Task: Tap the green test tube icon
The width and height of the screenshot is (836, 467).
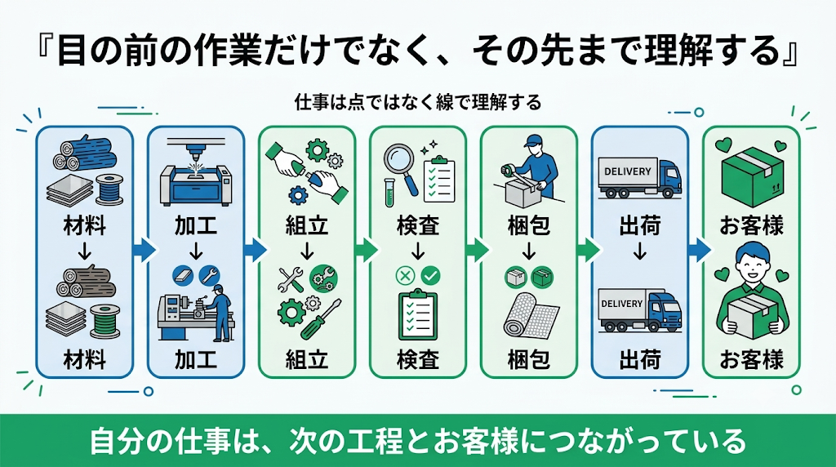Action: [390, 193]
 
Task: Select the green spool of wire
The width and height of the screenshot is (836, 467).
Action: [105, 322]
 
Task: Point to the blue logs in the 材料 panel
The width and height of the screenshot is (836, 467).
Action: [84, 151]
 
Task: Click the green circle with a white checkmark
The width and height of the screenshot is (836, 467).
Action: [431, 276]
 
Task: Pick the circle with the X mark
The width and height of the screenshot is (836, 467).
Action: [405, 276]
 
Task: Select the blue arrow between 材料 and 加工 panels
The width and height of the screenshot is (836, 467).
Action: [144, 250]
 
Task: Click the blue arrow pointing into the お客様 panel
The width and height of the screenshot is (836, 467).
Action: [699, 250]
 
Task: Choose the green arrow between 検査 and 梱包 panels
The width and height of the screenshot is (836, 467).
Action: [477, 250]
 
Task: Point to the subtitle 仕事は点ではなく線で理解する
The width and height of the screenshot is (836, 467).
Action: [418, 102]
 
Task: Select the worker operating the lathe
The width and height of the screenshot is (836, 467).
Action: [220, 313]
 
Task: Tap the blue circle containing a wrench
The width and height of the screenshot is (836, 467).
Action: [209, 275]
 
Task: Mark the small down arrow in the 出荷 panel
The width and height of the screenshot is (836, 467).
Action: [640, 251]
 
